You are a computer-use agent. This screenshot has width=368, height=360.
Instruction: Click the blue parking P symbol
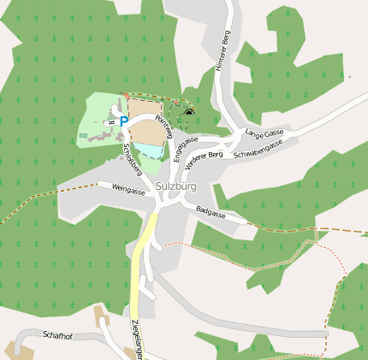[123, 122]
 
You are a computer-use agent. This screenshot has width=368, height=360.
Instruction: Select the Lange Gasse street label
[264, 133]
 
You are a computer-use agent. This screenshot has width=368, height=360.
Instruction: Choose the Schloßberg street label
[133, 158]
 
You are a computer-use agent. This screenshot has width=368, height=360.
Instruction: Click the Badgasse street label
[211, 211]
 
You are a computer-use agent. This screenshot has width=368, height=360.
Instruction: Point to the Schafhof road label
[57, 336]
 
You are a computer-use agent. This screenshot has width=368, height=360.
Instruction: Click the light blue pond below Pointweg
[150, 151]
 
